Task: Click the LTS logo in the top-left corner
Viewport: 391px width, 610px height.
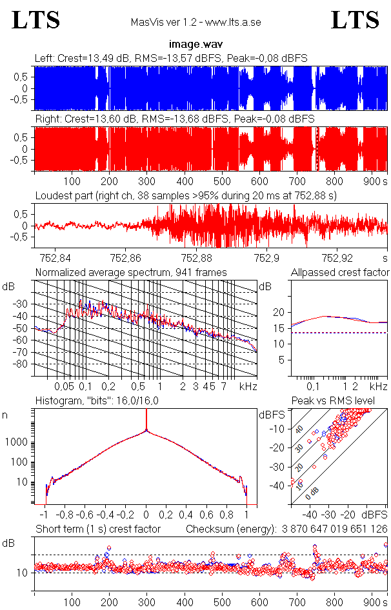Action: [36, 20]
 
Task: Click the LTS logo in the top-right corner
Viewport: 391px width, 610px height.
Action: [355, 20]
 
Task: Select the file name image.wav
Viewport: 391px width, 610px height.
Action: [195, 45]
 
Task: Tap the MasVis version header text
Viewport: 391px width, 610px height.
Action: [195, 23]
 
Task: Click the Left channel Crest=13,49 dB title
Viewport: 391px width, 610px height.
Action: [171, 59]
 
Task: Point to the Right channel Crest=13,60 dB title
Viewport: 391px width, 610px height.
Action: [174, 119]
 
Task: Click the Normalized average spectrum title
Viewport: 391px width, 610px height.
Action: [131, 273]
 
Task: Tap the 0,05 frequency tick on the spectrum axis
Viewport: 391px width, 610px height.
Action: [64, 386]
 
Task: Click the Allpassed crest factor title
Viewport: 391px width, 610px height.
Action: [340, 273]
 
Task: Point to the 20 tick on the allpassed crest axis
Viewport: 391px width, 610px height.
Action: [279, 312]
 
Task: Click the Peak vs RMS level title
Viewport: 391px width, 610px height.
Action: [337, 401]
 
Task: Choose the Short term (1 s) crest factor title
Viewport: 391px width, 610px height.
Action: [97, 529]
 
